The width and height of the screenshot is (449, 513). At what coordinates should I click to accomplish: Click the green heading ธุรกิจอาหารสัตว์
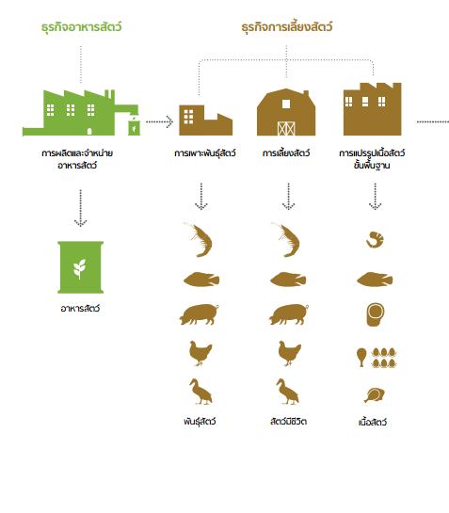(x=81, y=27)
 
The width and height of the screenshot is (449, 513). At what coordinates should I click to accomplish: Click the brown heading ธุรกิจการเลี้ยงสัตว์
(x=287, y=27)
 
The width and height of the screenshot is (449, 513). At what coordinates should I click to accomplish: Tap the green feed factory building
(x=81, y=113)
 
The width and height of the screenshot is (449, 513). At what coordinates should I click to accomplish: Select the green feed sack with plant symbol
(x=81, y=267)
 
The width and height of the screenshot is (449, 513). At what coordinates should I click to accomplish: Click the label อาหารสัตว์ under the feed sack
(x=80, y=309)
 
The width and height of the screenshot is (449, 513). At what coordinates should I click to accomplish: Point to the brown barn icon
(x=286, y=112)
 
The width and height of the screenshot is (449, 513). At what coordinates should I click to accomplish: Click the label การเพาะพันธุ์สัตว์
(x=205, y=153)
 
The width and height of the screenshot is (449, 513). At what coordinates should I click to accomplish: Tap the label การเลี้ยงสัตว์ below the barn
(x=286, y=153)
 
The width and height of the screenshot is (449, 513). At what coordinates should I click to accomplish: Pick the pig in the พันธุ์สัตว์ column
(x=199, y=314)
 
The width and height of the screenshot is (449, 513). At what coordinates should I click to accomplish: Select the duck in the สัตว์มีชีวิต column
(x=288, y=392)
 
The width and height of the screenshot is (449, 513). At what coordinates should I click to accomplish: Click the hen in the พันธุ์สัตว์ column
(x=200, y=353)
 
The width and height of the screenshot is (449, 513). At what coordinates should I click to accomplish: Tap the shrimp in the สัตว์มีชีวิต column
(x=286, y=239)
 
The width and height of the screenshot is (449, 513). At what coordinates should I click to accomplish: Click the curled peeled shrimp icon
(x=375, y=240)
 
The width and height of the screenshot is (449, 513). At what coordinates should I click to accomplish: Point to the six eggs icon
(x=384, y=358)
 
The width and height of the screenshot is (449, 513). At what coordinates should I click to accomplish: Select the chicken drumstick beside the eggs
(x=361, y=358)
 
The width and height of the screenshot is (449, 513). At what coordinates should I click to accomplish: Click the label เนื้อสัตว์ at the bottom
(x=373, y=422)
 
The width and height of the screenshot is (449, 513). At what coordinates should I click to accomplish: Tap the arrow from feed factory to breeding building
(x=159, y=121)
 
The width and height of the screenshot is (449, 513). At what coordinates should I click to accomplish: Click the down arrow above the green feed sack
(x=81, y=208)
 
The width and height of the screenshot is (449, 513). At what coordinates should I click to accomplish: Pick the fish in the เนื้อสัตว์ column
(x=375, y=280)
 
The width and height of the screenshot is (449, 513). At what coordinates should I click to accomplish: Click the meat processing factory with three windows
(x=373, y=109)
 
